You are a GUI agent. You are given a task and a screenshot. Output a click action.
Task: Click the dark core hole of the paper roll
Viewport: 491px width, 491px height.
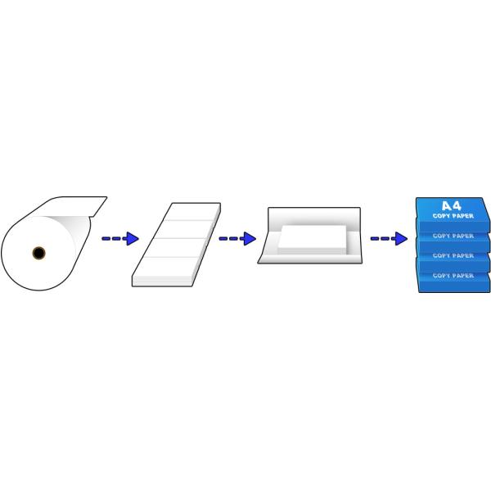coord(38,253)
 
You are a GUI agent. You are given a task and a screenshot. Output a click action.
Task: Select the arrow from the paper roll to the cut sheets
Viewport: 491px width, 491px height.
coord(119,239)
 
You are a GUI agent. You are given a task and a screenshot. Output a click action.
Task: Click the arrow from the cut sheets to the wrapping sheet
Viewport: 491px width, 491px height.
coord(236,239)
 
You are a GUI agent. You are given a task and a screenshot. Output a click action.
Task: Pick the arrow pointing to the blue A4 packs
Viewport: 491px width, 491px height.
coord(389,239)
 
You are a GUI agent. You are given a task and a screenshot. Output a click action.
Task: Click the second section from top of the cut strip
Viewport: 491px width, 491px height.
coord(184,230)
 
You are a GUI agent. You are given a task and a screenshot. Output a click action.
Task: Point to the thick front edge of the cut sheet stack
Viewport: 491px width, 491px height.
coord(162,282)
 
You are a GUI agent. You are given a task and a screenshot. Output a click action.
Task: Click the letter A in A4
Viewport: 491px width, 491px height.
coord(447,207)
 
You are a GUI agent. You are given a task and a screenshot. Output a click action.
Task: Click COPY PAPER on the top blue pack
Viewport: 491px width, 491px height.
coord(453,217)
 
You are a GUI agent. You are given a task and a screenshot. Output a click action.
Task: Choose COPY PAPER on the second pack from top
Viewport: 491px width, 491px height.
coord(453,236)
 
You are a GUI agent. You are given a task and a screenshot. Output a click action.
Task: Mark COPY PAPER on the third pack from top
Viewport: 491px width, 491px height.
coord(453,256)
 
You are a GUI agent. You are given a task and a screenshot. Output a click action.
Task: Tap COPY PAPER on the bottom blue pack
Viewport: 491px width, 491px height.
coord(453,277)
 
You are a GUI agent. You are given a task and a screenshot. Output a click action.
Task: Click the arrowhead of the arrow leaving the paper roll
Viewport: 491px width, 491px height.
coord(132,239)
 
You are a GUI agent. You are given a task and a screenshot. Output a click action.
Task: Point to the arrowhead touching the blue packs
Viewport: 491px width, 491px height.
coord(400,239)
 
